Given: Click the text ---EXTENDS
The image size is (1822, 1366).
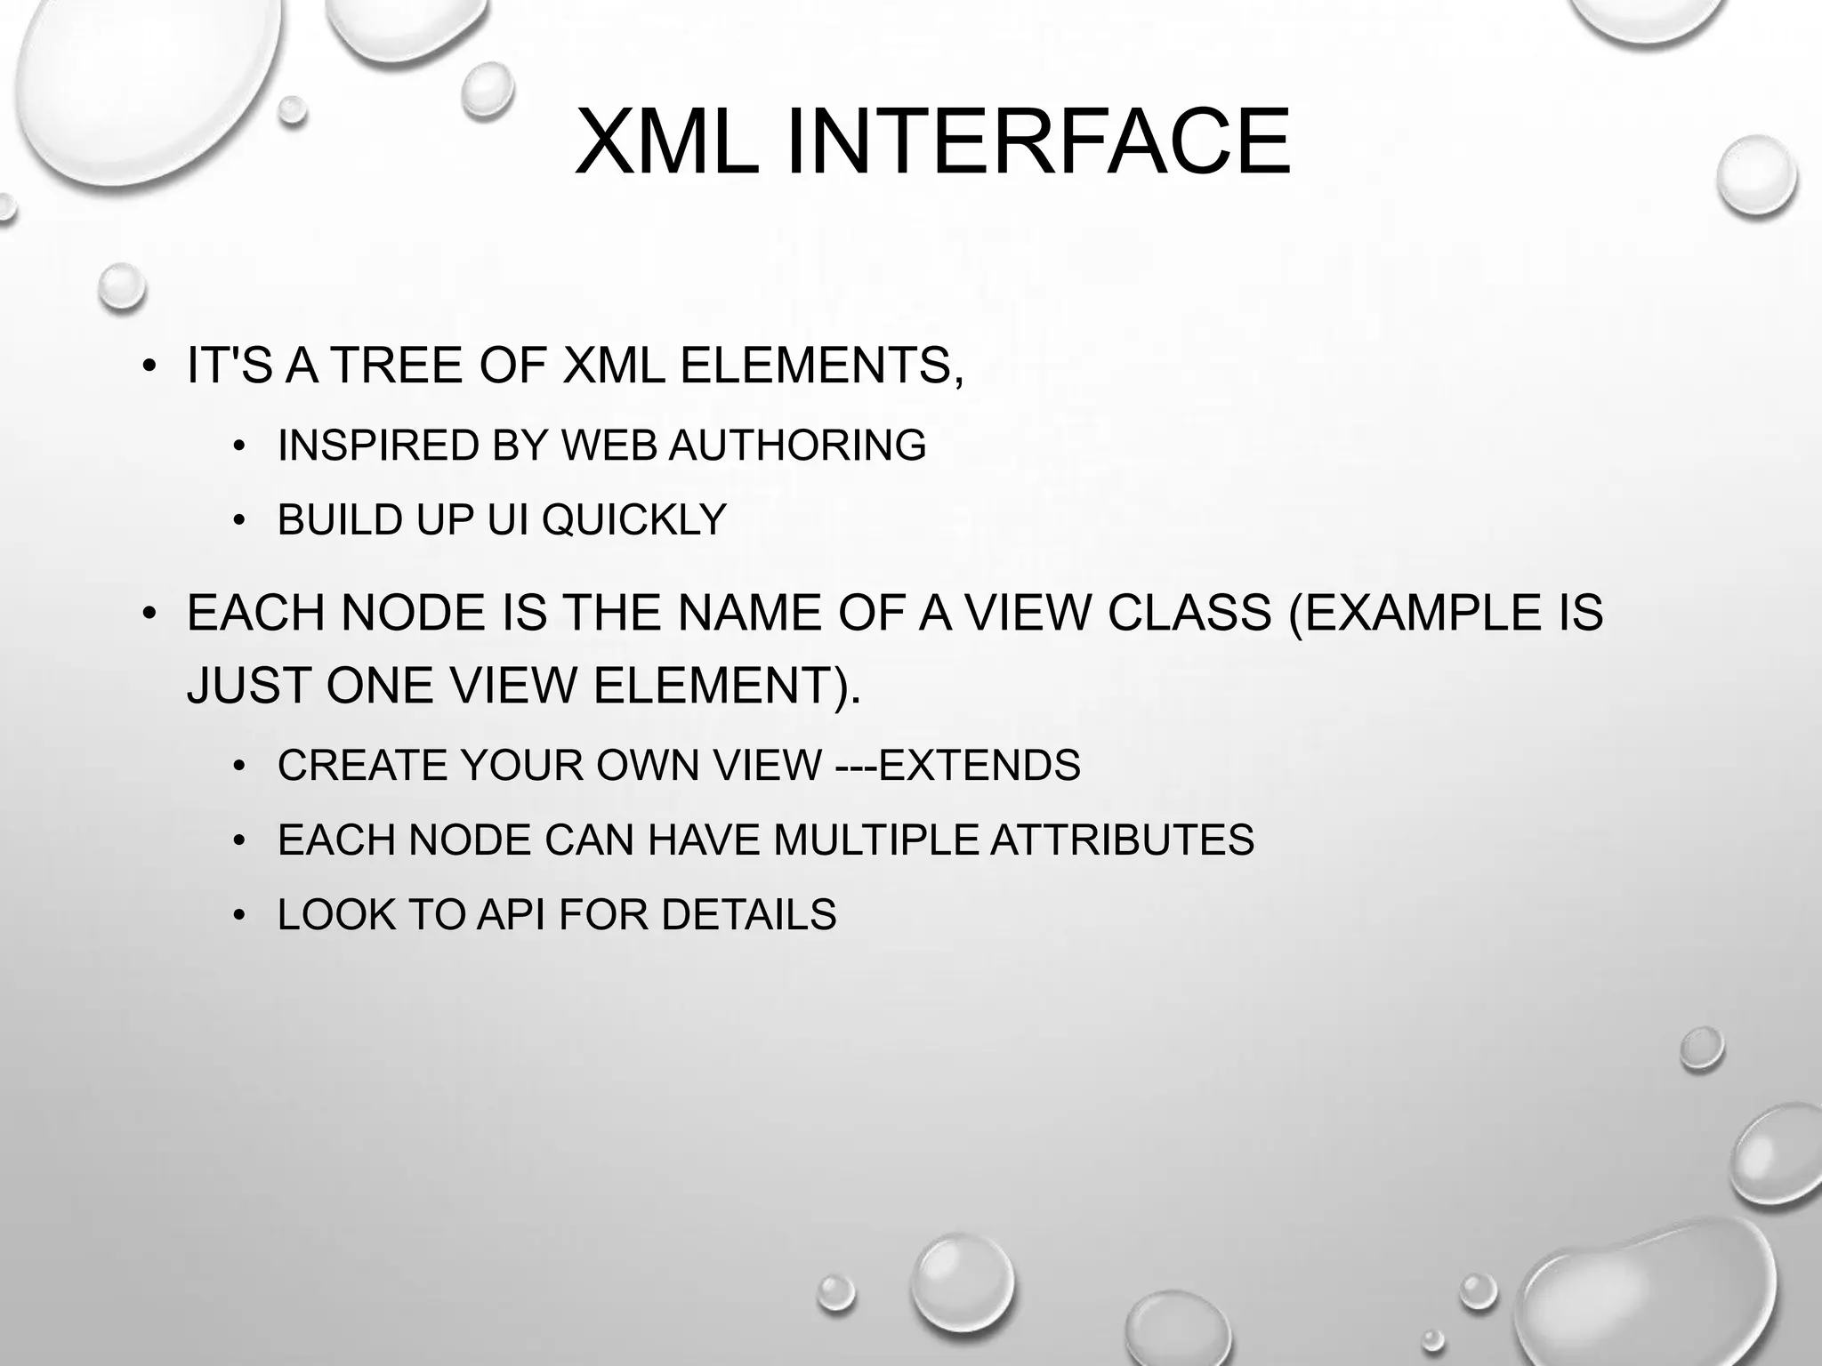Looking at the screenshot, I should (958, 766).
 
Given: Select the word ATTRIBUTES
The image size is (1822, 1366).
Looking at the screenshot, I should (1122, 840).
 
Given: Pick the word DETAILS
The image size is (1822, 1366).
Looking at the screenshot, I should (748, 915).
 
